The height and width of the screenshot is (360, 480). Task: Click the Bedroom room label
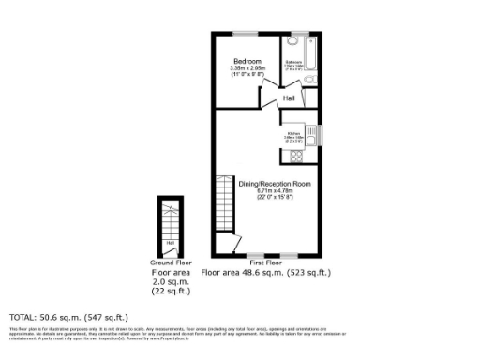click(247, 60)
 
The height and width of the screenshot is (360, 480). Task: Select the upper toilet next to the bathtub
click(294, 43)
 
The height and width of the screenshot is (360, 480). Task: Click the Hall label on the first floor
click(291, 97)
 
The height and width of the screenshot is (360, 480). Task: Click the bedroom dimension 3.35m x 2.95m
click(247, 67)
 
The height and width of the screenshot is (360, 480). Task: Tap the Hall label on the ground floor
click(170, 244)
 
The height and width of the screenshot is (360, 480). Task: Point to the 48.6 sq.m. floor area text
click(265, 273)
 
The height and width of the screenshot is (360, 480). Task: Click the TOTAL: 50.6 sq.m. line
click(68, 318)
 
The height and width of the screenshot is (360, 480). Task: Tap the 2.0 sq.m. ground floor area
click(171, 281)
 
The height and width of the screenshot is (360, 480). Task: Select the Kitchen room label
click(293, 133)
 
